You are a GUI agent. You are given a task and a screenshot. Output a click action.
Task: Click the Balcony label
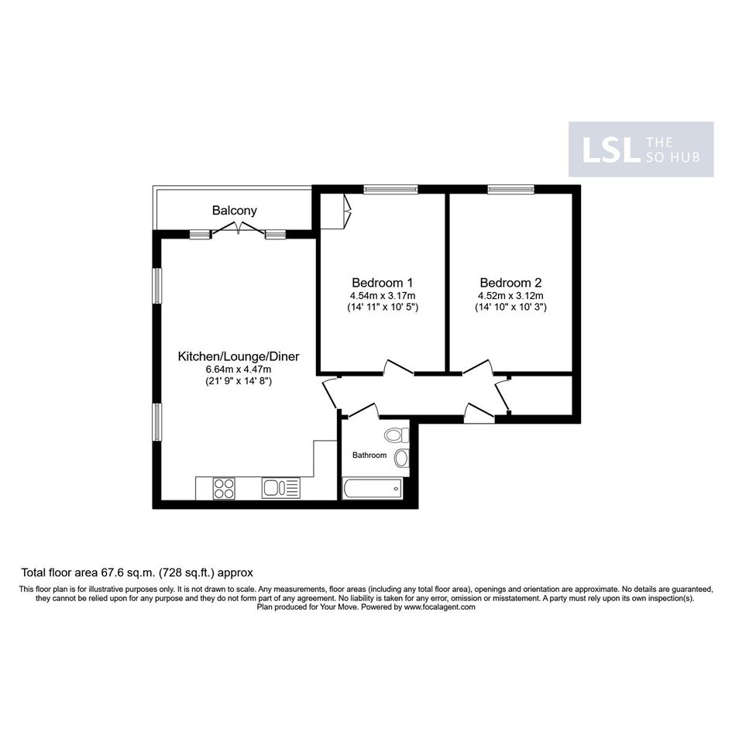click(x=235, y=211)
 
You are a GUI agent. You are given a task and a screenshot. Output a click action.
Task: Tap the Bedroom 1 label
click(x=383, y=283)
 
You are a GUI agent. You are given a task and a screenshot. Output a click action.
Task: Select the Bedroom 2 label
click(x=510, y=283)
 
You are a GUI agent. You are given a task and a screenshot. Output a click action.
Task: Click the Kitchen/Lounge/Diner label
click(x=239, y=356)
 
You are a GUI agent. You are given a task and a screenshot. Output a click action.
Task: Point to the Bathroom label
click(x=369, y=455)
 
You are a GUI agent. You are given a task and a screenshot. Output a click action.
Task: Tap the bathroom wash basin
click(x=401, y=459)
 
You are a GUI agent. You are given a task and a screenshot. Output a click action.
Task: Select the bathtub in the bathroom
click(x=373, y=489)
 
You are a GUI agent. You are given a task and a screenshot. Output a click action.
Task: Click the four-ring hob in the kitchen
click(x=224, y=488)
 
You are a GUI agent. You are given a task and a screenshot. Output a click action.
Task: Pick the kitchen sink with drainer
click(x=280, y=488)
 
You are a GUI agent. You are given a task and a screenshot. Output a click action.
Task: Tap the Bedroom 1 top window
click(x=390, y=189)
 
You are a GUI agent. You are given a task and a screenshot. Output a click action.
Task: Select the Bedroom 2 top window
click(x=510, y=189)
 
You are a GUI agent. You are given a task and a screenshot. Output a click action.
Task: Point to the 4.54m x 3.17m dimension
click(x=383, y=295)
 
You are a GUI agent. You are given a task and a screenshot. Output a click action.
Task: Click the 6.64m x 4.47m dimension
click(x=239, y=369)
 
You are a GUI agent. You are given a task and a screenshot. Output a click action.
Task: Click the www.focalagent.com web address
click(x=439, y=607)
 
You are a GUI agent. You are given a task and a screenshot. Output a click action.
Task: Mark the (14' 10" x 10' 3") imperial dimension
click(x=510, y=308)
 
